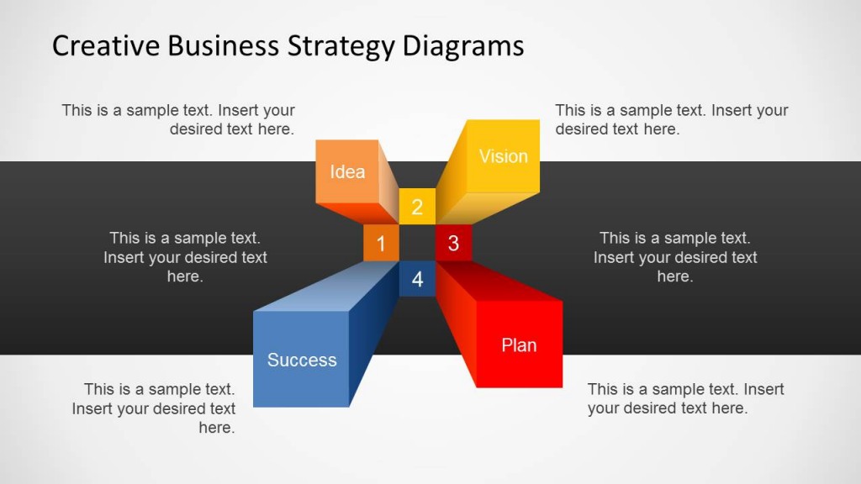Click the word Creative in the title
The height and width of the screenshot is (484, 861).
(x=106, y=45)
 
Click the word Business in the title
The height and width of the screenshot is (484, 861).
(x=224, y=45)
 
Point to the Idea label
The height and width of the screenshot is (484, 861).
(x=347, y=171)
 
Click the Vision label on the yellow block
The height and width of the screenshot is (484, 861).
(x=503, y=156)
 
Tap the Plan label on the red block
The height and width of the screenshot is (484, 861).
(x=518, y=345)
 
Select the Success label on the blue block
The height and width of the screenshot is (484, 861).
(x=302, y=360)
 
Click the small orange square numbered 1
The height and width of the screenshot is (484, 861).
(x=381, y=243)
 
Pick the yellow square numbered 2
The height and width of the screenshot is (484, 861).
(x=417, y=207)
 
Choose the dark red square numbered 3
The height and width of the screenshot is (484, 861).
(x=453, y=243)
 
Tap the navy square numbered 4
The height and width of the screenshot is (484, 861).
(x=417, y=279)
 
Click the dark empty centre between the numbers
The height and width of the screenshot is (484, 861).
(x=417, y=243)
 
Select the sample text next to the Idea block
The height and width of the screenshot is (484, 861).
(x=178, y=119)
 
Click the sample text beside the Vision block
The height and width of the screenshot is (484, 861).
(x=672, y=119)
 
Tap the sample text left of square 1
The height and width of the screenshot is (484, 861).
(x=185, y=257)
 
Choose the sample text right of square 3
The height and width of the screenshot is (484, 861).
(x=675, y=257)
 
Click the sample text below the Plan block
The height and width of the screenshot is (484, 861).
(x=685, y=398)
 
